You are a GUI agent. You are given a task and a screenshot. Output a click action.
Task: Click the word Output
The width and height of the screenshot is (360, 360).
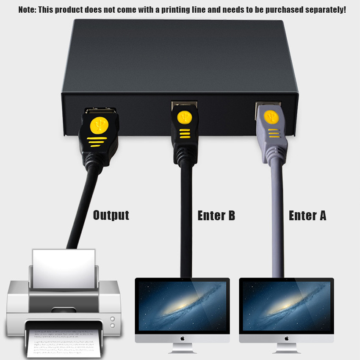[111, 215]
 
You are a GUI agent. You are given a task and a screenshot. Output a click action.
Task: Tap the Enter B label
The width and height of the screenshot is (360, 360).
[216, 215]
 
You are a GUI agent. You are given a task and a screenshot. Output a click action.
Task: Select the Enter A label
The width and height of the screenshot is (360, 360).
[307, 215]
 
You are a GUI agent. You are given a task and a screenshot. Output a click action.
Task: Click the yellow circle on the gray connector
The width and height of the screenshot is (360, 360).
[271, 117]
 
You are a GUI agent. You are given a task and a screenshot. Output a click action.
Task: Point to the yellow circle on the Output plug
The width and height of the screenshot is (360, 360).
[99, 126]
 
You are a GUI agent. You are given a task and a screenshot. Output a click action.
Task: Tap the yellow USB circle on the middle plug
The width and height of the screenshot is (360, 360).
[185, 117]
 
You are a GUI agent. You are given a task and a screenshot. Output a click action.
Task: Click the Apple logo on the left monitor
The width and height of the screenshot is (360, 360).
[183, 338]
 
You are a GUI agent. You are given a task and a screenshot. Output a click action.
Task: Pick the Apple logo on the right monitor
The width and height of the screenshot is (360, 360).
[287, 338]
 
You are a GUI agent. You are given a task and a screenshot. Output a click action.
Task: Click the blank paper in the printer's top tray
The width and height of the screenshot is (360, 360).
[64, 269]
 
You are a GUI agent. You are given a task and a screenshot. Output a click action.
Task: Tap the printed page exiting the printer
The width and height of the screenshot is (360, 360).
[64, 343]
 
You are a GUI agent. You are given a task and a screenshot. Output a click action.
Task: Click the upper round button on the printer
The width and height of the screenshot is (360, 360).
[113, 319]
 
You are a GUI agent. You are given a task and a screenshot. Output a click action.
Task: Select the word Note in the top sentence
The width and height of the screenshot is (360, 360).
[28, 10]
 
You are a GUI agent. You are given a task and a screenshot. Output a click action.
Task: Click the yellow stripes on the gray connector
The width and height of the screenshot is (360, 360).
[274, 133]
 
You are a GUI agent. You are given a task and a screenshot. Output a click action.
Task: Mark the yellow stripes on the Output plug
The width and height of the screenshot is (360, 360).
[97, 141]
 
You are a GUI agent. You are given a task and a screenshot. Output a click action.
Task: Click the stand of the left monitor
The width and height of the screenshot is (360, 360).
[183, 348]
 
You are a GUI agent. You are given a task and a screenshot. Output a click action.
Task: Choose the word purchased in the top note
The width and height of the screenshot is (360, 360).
[284, 10]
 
